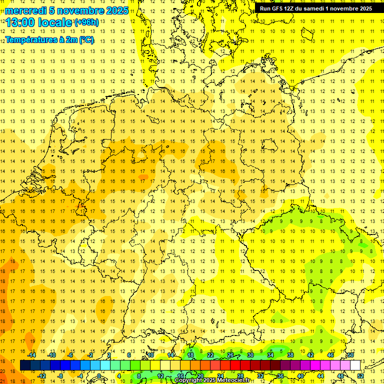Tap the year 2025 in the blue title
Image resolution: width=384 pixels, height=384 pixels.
tap(115, 10)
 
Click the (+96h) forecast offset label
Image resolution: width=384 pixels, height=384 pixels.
tap(86, 22)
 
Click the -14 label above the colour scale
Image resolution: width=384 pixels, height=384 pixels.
tap(31, 354)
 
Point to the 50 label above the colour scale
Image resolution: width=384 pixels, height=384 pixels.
tap(351, 354)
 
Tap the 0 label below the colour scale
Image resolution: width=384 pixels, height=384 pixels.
tap(99, 376)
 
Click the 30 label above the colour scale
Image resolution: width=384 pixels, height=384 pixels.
tap(250, 354)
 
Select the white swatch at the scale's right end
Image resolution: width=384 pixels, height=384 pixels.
tap(355, 365)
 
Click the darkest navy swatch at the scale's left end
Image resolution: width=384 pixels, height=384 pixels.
tap(25, 365)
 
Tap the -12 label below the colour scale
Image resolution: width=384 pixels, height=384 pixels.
tap(41, 376)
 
